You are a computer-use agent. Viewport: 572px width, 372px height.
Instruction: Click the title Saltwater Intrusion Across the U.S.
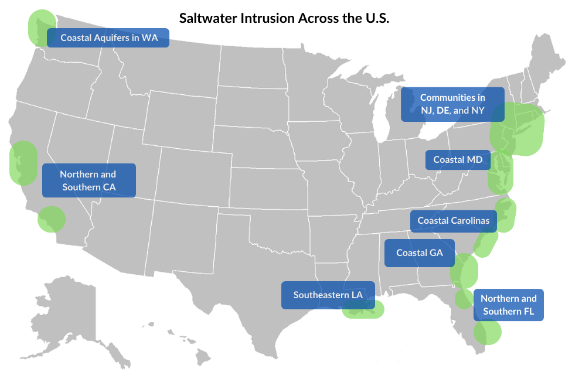[284, 18]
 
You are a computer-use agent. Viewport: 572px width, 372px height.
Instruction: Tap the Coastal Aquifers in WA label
[108, 38]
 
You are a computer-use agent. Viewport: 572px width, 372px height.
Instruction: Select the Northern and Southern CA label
[88, 180]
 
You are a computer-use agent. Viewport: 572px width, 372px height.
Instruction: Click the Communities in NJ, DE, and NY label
[452, 104]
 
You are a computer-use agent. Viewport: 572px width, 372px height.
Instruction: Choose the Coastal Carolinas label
[453, 221]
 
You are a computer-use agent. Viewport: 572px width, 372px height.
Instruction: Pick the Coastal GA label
[419, 253]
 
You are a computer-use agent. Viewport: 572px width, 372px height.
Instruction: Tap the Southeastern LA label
[328, 295]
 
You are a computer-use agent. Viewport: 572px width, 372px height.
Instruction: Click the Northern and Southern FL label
[508, 305]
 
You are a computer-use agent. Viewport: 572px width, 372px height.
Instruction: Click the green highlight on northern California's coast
[22, 163]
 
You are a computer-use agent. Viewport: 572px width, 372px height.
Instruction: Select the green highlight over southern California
[52, 219]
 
